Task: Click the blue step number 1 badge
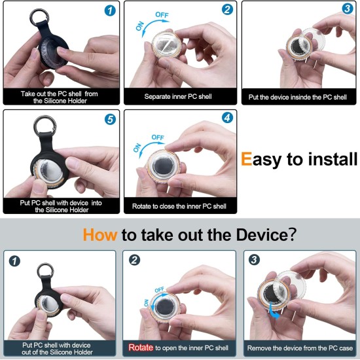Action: click(110, 10)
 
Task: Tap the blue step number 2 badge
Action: click(227, 9)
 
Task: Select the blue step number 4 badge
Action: click(227, 118)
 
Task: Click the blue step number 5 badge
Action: click(110, 119)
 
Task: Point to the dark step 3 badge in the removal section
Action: click(254, 260)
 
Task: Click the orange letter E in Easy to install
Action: click(246, 158)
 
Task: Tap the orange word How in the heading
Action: click(100, 235)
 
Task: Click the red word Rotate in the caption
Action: click(141, 348)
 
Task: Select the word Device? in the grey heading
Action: click(266, 234)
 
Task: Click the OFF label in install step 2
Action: click(162, 15)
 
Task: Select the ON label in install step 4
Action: click(137, 148)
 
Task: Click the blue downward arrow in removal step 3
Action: click(274, 312)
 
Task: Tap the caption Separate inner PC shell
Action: click(178, 96)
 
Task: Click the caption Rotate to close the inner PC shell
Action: click(179, 206)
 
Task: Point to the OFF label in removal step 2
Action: click(160, 290)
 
